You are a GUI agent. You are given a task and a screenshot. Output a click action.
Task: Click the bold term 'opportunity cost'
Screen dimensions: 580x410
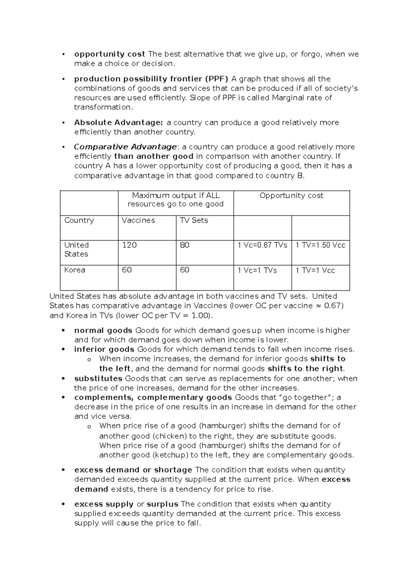[x=109, y=54]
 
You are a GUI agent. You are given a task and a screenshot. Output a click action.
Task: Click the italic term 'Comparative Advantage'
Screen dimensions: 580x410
[x=125, y=147]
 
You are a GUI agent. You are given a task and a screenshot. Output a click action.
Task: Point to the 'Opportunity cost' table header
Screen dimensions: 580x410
[x=291, y=196]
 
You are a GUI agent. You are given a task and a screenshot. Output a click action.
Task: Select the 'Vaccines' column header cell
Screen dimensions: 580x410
[x=138, y=220]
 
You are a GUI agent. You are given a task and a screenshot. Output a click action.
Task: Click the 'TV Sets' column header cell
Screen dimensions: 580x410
[x=194, y=220]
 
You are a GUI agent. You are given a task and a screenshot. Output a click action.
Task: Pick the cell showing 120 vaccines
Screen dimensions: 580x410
[x=129, y=245]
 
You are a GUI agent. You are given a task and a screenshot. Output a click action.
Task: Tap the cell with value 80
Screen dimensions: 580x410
[x=184, y=245]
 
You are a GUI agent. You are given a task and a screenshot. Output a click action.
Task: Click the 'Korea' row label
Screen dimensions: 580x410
[x=75, y=270]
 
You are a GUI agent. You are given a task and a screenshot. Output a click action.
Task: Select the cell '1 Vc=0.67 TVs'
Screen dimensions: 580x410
[x=262, y=245]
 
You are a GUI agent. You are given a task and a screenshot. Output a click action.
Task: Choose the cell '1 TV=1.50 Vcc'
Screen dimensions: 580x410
[x=320, y=245]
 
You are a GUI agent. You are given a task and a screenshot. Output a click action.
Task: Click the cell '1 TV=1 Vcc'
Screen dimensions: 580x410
[x=315, y=271]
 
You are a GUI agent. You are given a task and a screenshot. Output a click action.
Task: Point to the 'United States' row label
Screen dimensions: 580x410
[x=77, y=249]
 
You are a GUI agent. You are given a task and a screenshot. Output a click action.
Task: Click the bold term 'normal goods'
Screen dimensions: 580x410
[x=103, y=330]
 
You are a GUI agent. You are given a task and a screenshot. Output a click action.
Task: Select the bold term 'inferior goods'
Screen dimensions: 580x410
[x=104, y=350]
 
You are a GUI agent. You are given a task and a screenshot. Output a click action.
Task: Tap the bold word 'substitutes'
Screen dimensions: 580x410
[x=98, y=379]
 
